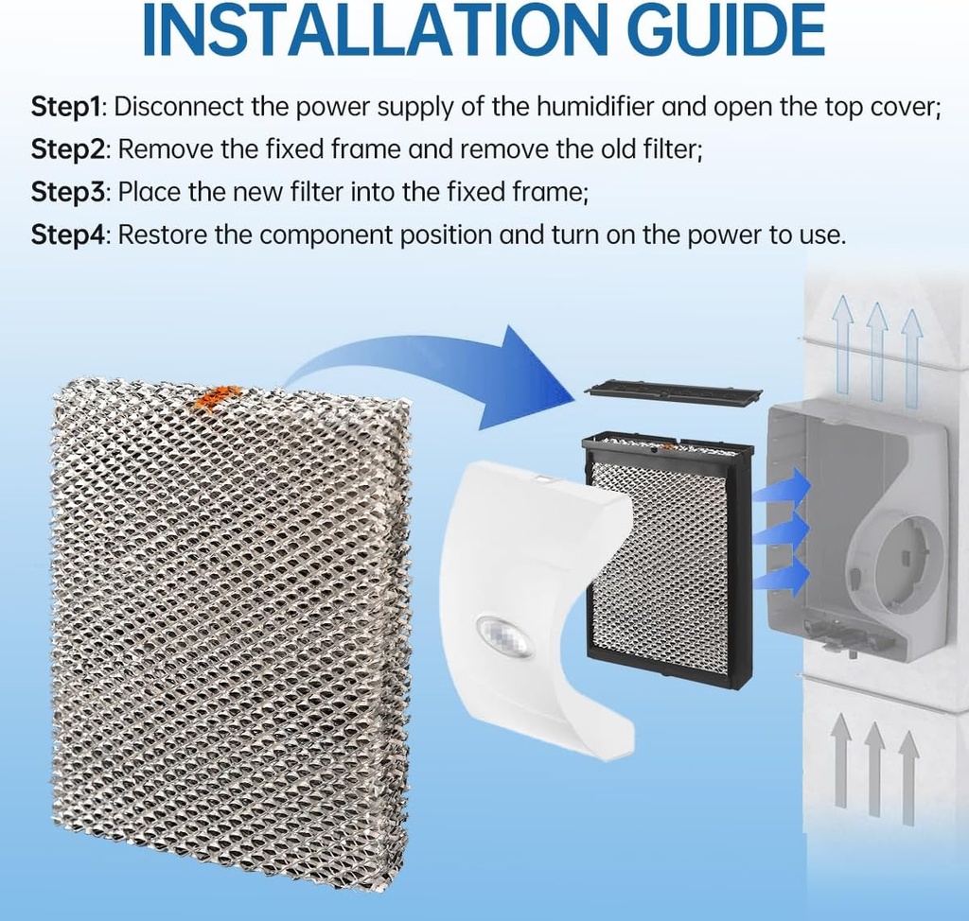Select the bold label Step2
click(66, 149)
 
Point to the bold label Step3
click(66, 192)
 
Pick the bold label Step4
click(66, 235)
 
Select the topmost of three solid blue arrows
click(784, 488)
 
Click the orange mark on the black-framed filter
click(669, 447)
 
